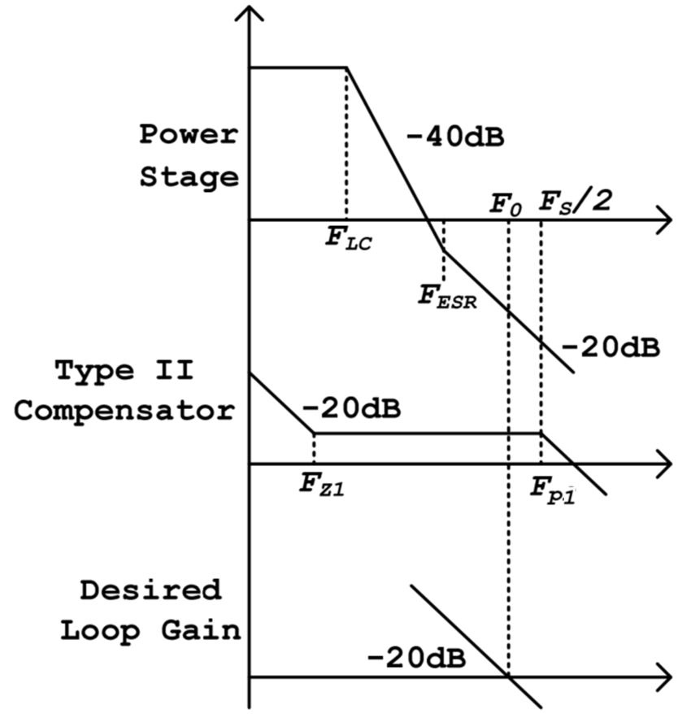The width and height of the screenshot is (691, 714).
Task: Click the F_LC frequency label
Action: tap(349, 238)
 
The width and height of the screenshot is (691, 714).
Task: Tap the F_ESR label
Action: tap(447, 297)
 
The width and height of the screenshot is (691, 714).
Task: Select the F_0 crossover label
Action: tap(506, 204)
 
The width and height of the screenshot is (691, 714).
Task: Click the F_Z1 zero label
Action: tap(322, 485)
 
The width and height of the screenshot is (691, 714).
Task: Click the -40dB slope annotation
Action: tap(454, 137)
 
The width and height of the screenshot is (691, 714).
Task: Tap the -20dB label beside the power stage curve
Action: tap(611, 348)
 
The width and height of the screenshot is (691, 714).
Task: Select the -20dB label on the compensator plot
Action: tap(351, 408)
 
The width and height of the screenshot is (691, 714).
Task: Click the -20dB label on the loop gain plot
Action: tap(416, 659)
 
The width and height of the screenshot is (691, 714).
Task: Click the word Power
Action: tap(189, 134)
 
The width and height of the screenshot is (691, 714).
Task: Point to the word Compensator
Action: tap(124, 411)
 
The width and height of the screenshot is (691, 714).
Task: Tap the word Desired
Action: tap(150, 590)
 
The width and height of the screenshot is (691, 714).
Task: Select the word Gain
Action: tap(201, 631)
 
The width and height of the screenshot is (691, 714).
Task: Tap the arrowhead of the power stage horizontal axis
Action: tap(666, 220)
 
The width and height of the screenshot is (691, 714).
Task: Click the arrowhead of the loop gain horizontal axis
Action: tap(666, 677)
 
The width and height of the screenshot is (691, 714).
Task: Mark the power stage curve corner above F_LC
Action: tap(347, 67)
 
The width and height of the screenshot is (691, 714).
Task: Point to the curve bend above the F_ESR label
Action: tap(444, 250)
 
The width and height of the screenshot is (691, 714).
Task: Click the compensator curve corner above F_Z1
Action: tap(314, 433)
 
